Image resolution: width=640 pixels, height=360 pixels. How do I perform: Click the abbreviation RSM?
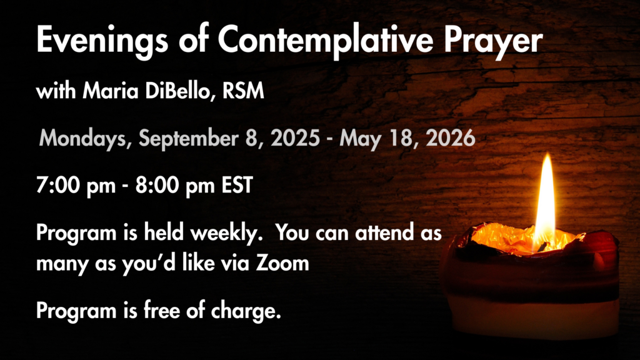point(243,91)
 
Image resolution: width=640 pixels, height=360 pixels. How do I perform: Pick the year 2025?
point(296,138)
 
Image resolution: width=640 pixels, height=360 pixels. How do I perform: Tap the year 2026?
point(451,138)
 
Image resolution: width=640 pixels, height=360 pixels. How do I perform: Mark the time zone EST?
point(237,185)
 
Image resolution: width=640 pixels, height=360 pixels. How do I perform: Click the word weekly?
point(226,233)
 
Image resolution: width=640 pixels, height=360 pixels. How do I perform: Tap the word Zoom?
point(282,263)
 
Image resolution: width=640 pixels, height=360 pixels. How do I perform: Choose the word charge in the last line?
point(246,311)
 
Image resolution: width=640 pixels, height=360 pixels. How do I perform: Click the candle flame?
point(545,200)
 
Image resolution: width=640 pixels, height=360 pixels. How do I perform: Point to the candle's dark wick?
point(543,246)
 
